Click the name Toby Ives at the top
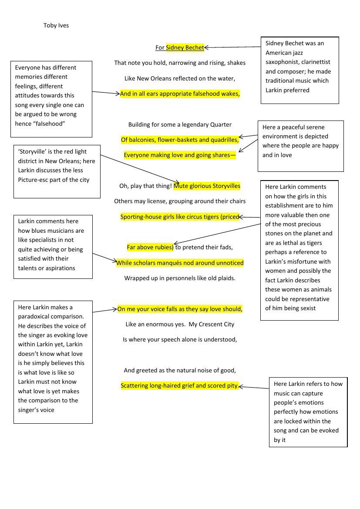tap(56, 25)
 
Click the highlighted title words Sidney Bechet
tap(185, 47)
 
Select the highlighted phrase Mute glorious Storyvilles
tap(207, 186)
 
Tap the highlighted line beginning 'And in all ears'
tap(180, 94)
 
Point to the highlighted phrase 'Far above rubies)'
tap(150, 247)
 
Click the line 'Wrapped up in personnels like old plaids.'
tap(180, 278)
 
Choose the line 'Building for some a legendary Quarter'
tap(180, 124)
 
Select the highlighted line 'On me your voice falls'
tap(180, 309)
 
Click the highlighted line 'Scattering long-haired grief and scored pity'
tap(179, 385)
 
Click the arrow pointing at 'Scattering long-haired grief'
tap(254, 387)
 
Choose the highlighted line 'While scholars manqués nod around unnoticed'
tap(180, 263)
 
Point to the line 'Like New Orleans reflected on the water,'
tap(180, 78)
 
